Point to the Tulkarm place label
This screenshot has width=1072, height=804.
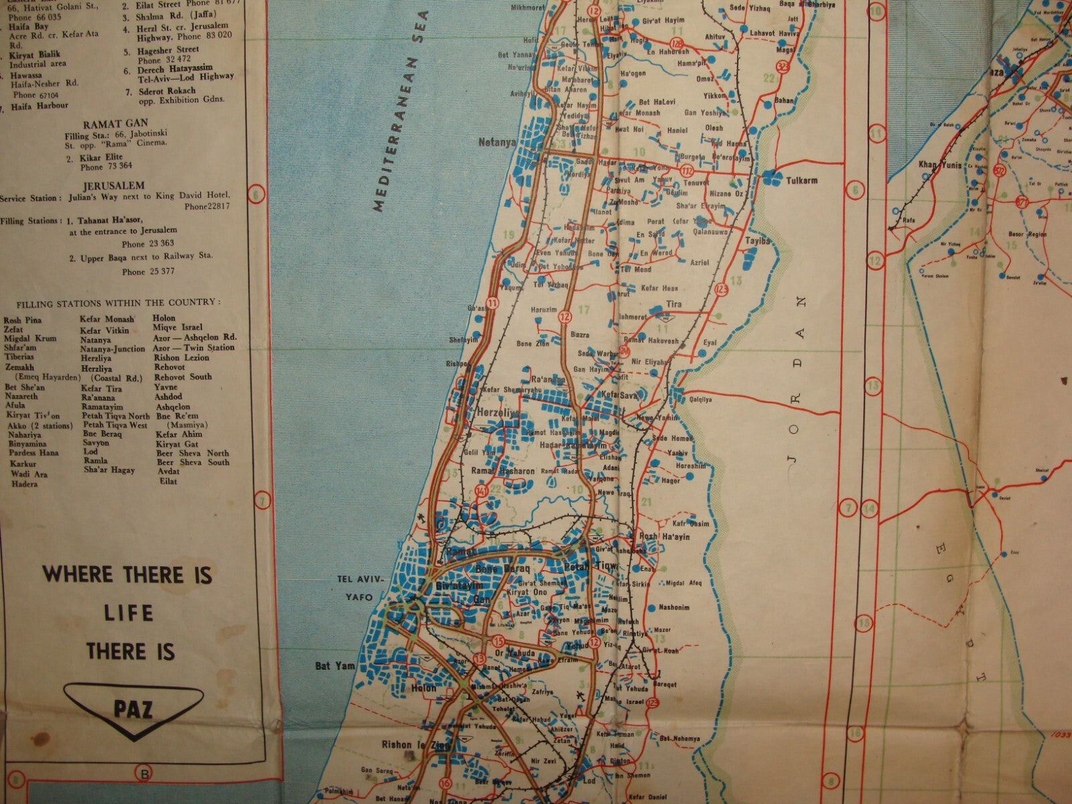point(801,180)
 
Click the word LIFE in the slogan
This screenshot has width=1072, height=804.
point(129,613)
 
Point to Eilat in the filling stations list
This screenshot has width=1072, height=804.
point(169,481)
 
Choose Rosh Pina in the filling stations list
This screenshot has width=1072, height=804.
point(23,320)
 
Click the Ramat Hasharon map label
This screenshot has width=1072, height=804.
point(503,471)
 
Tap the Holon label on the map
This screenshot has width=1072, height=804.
point(423,688)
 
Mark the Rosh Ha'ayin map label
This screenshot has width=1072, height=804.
point(665,536)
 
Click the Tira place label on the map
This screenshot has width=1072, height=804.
point(673,304)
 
